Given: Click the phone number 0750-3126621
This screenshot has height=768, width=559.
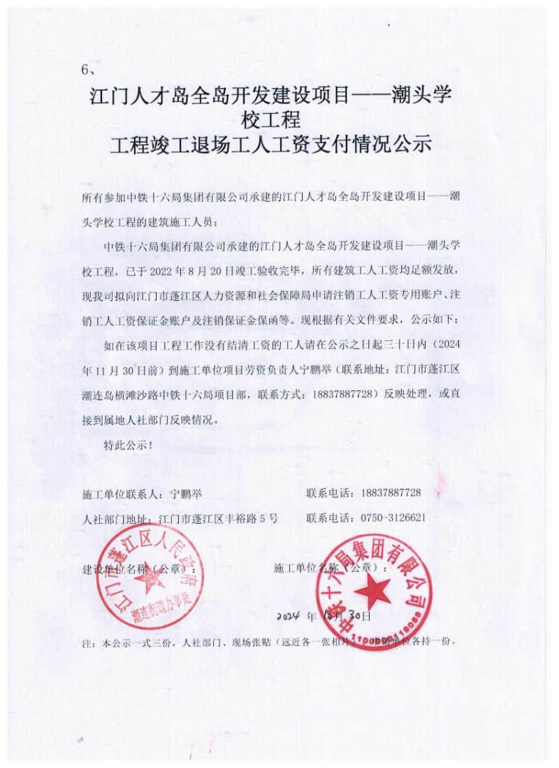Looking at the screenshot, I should (x=393, y=518).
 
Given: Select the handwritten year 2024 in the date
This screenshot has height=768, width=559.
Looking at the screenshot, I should (x=287, y=617).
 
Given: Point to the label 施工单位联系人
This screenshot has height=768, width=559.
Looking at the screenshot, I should (x=122, y=493).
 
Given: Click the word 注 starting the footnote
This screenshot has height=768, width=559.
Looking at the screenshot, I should (x=87, y=641).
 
